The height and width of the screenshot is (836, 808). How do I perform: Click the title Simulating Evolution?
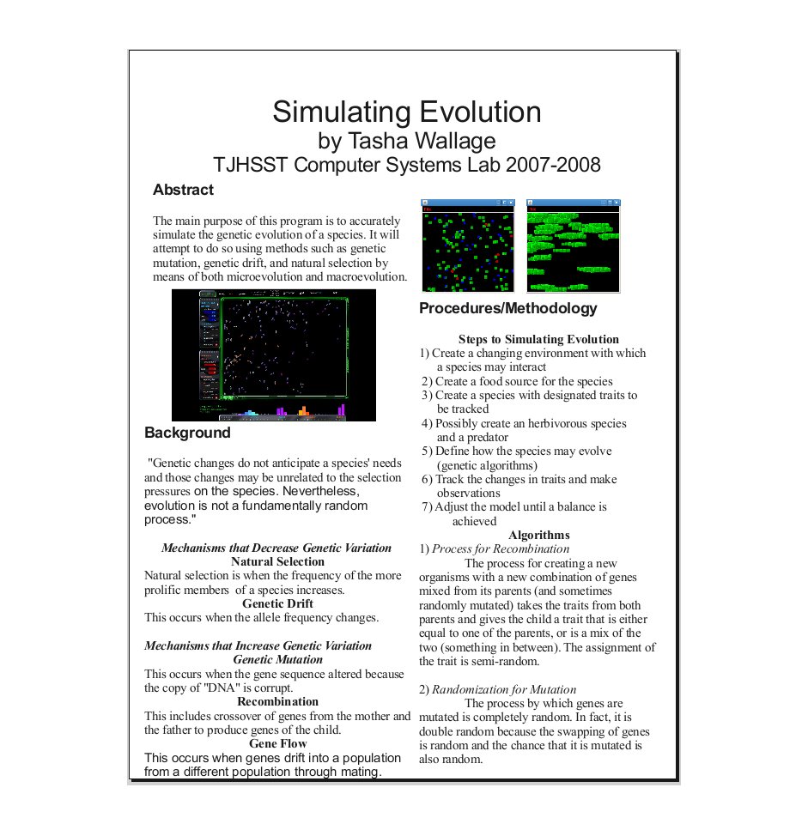pyautogui.click(x=406, y=112)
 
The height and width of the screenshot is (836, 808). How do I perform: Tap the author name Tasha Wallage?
pyautogui.click(x=422, y=141)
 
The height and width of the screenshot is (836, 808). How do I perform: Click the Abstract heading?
pyautogui.click(x=183, y=190)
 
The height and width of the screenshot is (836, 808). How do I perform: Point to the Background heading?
pyautogui.click(x=187, y=433)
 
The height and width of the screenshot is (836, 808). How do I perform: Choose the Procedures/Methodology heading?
pyautogui.click(x=507, y=309)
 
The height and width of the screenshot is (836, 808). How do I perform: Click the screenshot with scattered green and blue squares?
pyautogui.click(x=468, y=245)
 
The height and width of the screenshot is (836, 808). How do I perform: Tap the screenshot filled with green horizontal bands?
pyautogui.click(x=574, y=245)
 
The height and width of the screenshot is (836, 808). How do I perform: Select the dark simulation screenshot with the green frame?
pyautogui.click(x=274, y=355)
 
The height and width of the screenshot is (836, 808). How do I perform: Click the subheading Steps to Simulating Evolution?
pyautogui.click(x=538, y=339)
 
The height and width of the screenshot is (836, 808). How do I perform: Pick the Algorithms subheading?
pyautogui.click(x=538, y=535)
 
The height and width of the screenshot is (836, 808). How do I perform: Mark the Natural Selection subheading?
pyautogui.click(x=277, y=561)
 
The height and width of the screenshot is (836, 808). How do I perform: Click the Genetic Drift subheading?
pyautogui.click(x=277, y=603)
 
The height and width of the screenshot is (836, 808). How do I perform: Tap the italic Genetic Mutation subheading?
pyautogui.click(x=277, y=659)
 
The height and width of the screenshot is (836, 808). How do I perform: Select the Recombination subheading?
pyautogui.click(x=277, y=701)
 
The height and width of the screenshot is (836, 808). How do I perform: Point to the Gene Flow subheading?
pyautogui.click(x=277, y=744)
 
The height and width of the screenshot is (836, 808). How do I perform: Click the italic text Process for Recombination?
pyautogui.click(x=501, y=549)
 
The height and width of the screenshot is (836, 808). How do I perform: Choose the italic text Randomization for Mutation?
pyautogui.click(x=504, y=690)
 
